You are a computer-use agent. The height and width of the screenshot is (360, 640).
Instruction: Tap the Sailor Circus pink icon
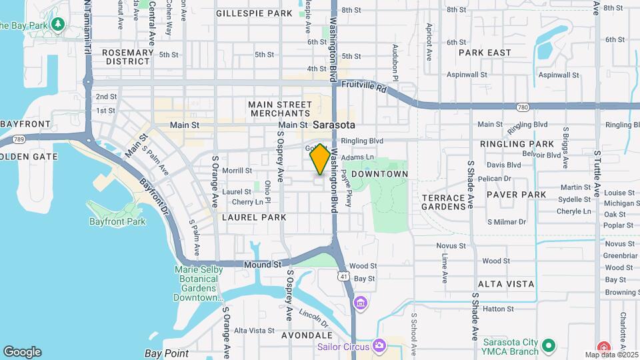click(x=379, y=345)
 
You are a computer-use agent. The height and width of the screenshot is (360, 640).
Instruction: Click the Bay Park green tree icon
click(x=58, y=25)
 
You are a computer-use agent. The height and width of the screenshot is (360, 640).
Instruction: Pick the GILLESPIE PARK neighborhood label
click(x=255, y=13)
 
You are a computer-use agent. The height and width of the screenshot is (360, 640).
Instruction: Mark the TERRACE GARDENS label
click(x=443, y=202)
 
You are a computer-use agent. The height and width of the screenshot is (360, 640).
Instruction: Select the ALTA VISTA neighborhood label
click(x=506, y=284)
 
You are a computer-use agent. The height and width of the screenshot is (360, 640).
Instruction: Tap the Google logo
click(x=22, y=352)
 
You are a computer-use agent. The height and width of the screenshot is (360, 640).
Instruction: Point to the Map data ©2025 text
click(x=611, y=355)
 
